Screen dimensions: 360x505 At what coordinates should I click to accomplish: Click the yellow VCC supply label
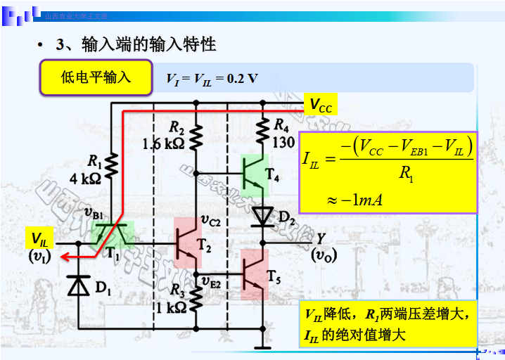point(321,106)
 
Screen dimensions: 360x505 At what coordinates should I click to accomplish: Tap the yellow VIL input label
point(38,238)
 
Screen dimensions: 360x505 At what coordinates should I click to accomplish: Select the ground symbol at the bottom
point(263,345)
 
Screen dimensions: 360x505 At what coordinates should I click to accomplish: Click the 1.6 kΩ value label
point(163,144)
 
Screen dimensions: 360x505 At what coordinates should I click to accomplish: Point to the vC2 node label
point(210,221)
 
